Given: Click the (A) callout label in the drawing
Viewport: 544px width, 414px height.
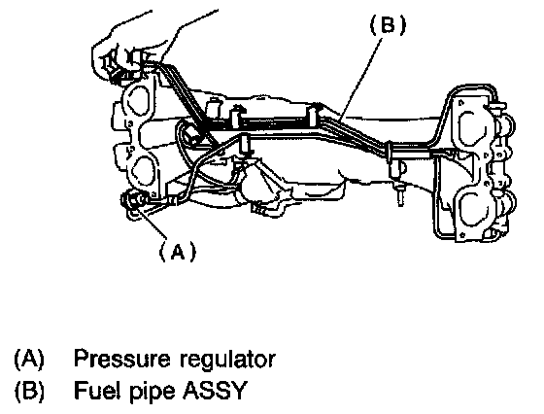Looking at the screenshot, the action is coord(177,251).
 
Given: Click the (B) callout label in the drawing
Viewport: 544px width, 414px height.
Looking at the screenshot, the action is coord(388,25).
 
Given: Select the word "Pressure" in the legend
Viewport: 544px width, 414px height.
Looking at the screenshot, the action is coord(122,359).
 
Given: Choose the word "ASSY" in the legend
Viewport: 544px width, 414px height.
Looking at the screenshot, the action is coord(214,390).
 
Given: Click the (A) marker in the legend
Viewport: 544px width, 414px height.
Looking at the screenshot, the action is coord(29,359).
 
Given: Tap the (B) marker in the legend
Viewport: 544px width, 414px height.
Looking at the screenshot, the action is coord(29,390).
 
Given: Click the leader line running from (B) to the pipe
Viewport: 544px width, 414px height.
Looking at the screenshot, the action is coord(361,79).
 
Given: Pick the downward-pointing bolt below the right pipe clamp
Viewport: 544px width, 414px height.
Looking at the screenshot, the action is coord(400,196).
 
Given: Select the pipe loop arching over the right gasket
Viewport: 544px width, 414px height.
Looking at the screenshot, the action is coord(471,86).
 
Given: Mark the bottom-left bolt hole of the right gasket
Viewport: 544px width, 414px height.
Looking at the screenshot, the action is coord(461,235).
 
